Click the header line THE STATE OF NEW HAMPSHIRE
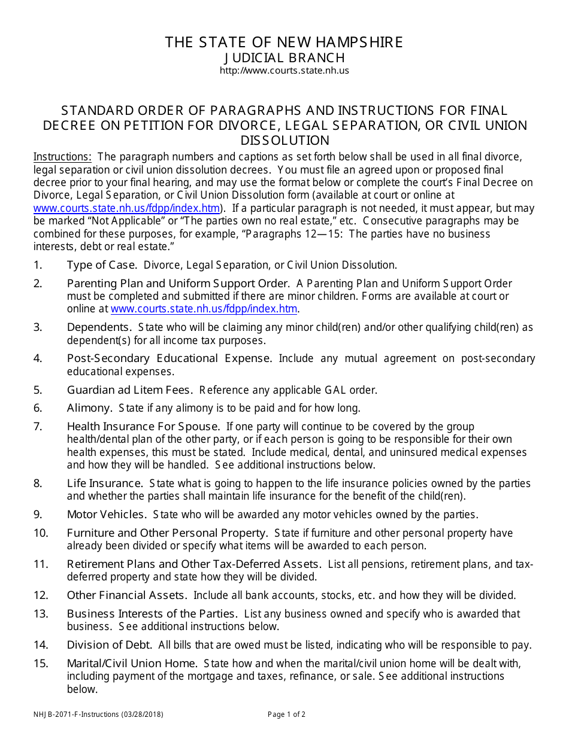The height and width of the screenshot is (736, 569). tap(284, 42)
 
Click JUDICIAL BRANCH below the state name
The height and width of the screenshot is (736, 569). tap(284, 58)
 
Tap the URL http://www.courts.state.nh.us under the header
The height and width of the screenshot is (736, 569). tap(284, 71)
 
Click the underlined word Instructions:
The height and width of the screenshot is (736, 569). tap(62, 157)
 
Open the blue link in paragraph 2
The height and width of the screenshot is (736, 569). tap(204, 309)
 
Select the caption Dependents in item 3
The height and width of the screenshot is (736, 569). tap(99, 327)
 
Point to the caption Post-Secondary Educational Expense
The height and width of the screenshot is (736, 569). tap(169, 358)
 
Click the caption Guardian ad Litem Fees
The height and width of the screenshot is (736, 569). tap(129, 390)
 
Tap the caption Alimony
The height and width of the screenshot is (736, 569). tap(89, 408)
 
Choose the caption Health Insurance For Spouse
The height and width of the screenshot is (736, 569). tap(143, 427)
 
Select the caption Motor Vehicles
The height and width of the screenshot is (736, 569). tap(106, 515)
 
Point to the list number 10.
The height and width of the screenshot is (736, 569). tap(41, 533)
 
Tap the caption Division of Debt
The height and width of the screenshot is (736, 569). tap(108, 645)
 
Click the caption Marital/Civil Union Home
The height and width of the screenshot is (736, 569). tap(132, 664)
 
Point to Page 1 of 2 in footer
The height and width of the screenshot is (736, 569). tap(286, 714)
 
